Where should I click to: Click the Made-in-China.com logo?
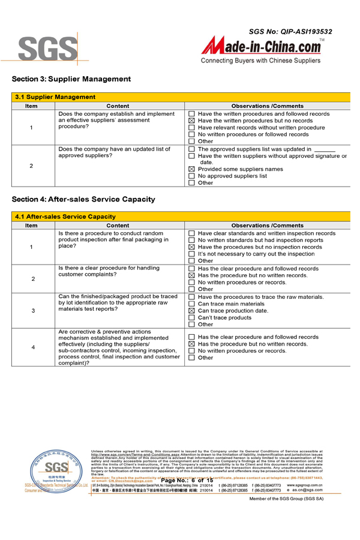[x=261, y=46]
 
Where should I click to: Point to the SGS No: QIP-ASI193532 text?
[x=290, y=31]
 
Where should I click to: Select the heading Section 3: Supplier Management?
[x=71, y=79]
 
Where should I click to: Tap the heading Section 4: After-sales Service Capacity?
[x=83, y=199]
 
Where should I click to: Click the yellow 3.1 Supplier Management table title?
[x=55, y=97]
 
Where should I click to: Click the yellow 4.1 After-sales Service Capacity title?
[x=65, y=216]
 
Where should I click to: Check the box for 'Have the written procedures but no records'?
[x=192, y=121]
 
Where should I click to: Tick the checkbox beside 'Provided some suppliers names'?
[x=192, y=169]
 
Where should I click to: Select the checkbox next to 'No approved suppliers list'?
[x=192, y=176]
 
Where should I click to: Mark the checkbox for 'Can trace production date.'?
[x=192, y=311]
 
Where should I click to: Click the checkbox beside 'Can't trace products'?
[x=192, y=318]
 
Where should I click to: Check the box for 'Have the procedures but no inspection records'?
[x=192, y=247]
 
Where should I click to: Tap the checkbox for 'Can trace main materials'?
[x=192, y=304]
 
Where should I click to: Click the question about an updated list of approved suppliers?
[x=114, y=152]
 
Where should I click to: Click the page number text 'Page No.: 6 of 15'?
[x=187, y=481]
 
